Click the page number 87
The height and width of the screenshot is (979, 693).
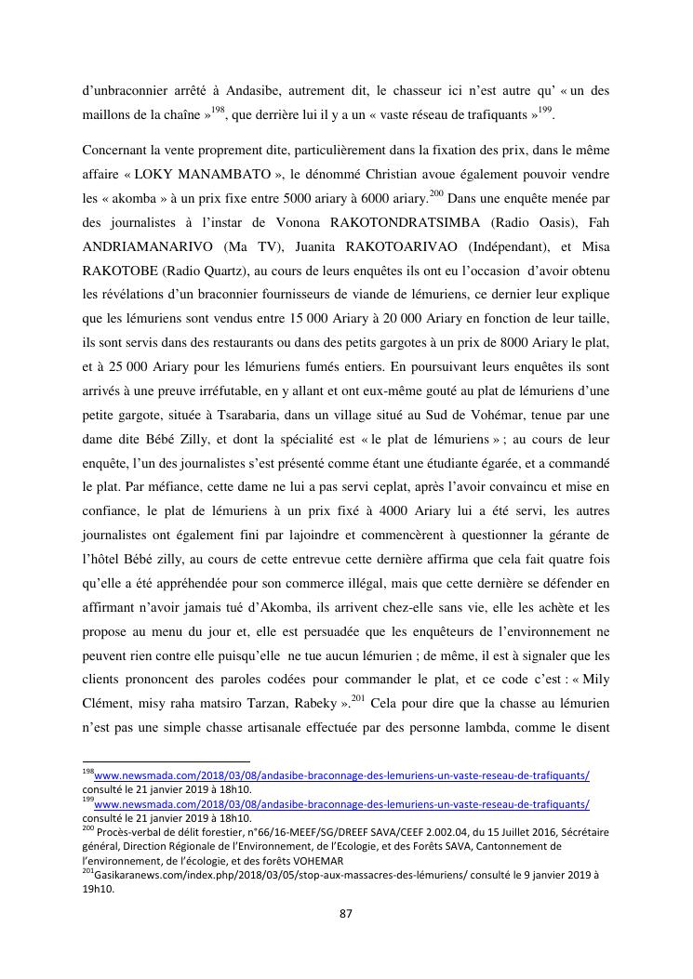tap(346, 914)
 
